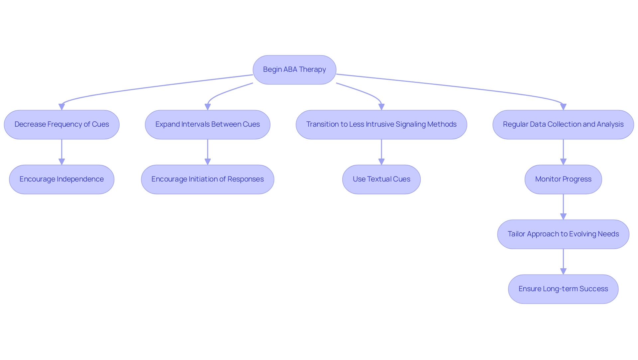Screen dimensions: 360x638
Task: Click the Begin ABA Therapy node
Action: point(294,70)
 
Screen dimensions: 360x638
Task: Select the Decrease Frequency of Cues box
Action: point(61,125)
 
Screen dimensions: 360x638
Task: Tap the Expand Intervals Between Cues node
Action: point(207,125)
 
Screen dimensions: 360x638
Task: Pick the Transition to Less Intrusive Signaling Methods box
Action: point(381,125)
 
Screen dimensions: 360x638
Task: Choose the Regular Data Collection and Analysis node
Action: point(563,125)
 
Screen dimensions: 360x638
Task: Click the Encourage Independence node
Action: point(61,180)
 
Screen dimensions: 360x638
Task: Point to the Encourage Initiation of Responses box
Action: point(207,180)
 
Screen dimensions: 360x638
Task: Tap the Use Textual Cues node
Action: point(381,180)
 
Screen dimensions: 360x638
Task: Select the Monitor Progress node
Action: point(563,180)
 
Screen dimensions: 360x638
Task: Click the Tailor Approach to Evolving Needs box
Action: point(563,234)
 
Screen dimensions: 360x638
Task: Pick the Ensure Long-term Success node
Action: point(563,289)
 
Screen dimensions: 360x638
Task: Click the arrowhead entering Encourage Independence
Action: point(61,162)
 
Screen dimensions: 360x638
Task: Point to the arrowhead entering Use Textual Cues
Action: point(381,162)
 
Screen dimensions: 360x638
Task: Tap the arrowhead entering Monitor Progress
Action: point(563,162)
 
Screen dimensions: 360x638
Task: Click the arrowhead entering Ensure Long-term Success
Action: point(563,271)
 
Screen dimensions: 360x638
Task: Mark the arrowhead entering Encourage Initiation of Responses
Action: point(207,162)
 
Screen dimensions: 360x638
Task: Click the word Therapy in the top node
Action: point(312,69)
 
